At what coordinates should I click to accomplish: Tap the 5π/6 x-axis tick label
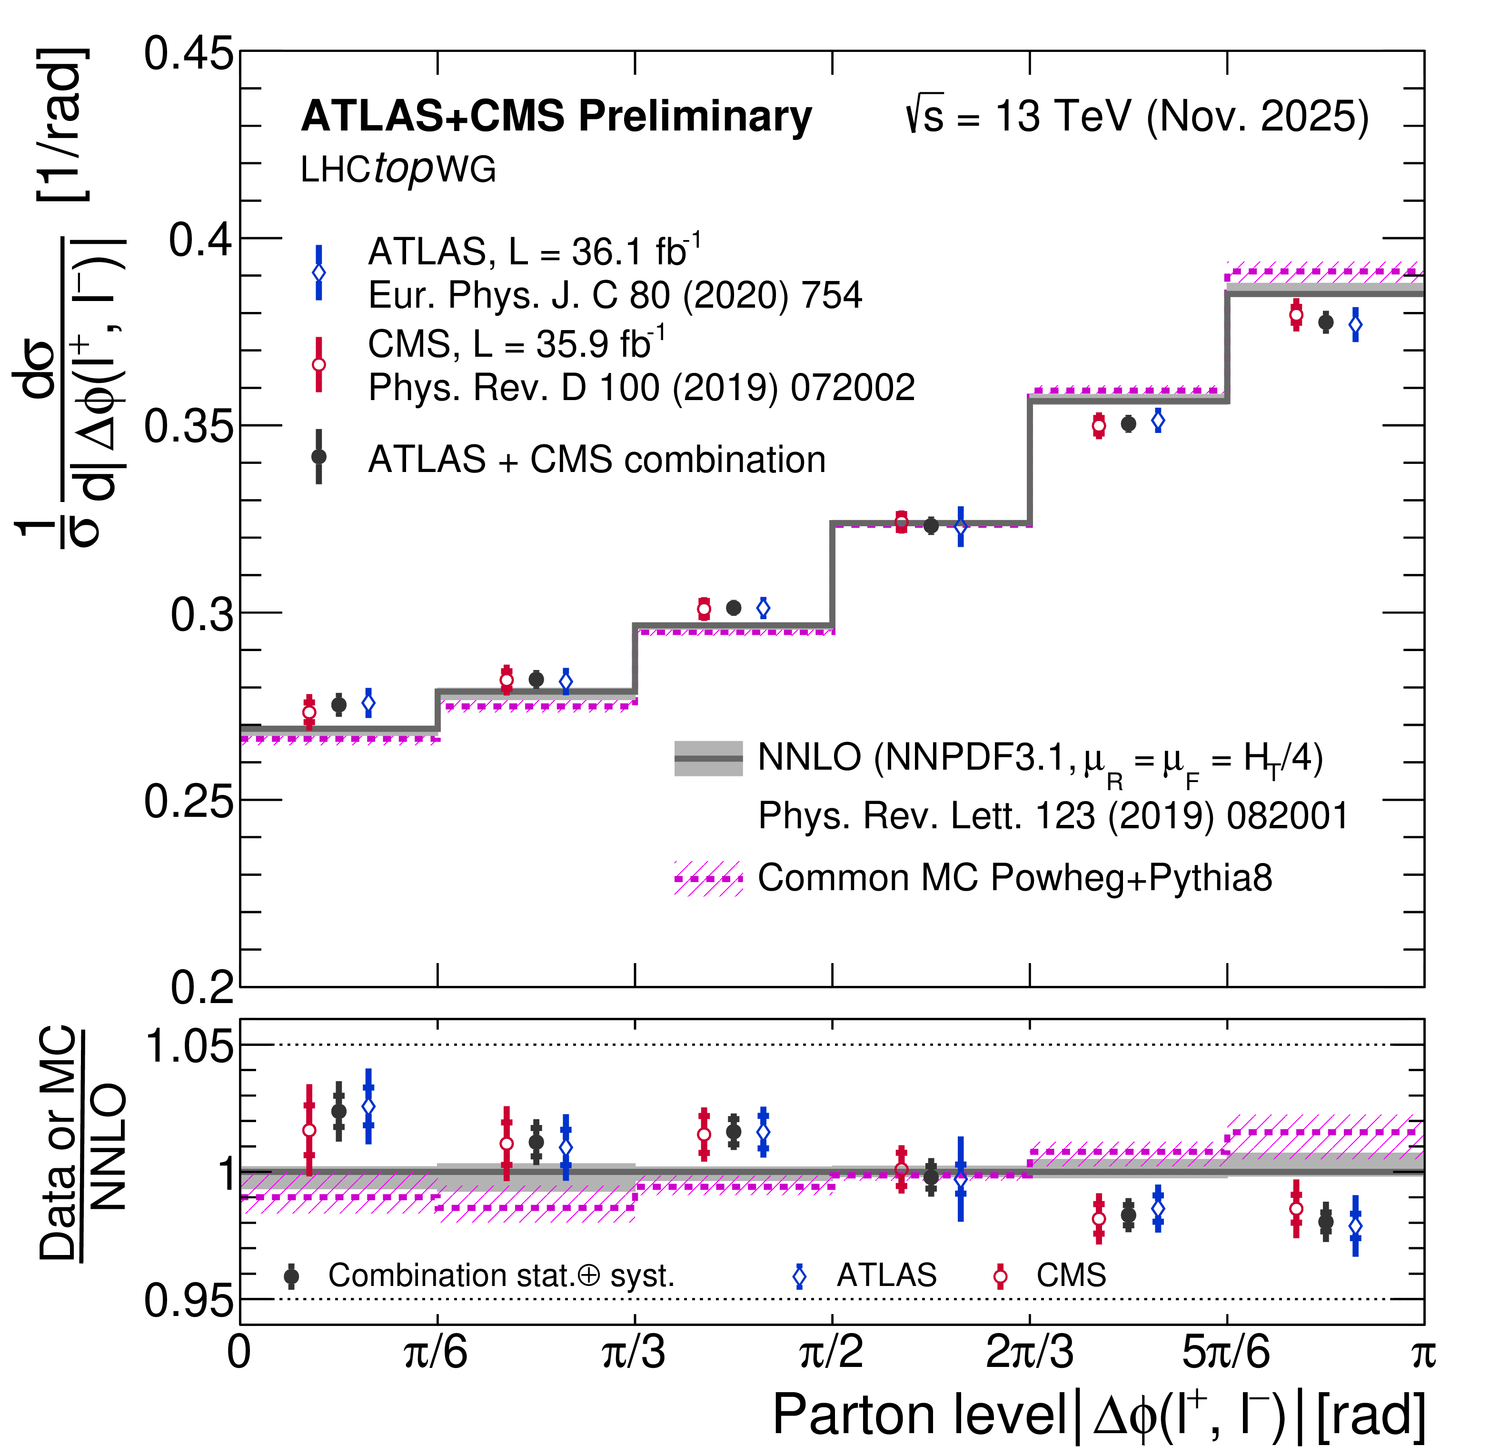[1226, 1353]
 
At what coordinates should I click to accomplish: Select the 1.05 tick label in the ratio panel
[189, 1046]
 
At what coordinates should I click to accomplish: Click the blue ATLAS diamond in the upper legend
[319, 272]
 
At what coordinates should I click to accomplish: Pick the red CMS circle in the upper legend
[319, 364]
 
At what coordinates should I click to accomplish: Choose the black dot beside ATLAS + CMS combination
[319, 456]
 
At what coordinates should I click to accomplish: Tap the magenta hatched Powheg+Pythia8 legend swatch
[708, 878]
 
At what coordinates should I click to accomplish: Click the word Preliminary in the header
[695, 116]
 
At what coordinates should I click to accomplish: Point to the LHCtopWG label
[398, 169]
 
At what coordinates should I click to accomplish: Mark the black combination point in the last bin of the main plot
[1325, 322]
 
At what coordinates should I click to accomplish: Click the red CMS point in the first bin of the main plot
[309, 712]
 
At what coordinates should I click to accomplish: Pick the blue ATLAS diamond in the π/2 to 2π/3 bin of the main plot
[961, 527]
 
